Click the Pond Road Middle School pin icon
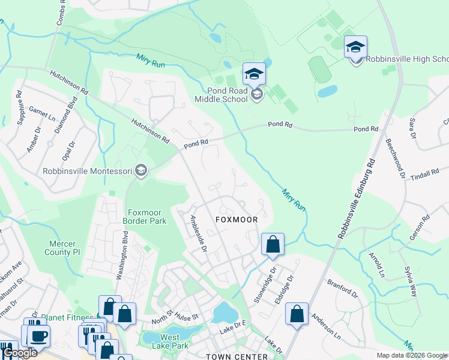(x=254, y=75)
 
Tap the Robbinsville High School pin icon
(x=356, y=47)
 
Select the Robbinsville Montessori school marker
(x=141, y=170)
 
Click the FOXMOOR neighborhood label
(x=237, y=220)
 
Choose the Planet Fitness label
(x=66, y=317)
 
